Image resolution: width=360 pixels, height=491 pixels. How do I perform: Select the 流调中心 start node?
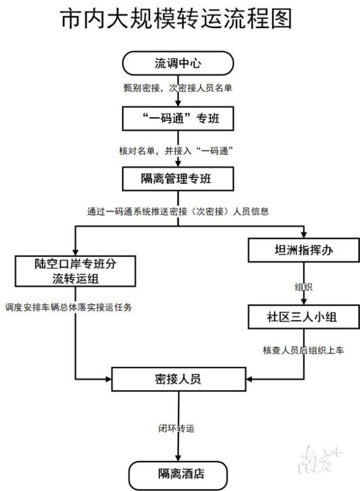click(x=177, y=63)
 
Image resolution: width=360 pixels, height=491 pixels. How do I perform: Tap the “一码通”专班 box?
click(x=177, y=118)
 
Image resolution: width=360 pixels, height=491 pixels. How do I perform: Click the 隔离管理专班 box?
click(x=177, y=179)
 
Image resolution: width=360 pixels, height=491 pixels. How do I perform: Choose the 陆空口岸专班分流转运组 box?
click(x=75, y=270)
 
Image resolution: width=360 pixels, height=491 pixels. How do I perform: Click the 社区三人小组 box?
click(x=304, y=317)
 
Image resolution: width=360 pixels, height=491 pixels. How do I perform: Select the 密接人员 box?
click(x=179, y=379)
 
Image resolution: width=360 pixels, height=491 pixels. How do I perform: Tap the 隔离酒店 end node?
click(x=179, y=475)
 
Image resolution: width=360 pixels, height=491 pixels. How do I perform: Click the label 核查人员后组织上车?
click(x=304, y=350)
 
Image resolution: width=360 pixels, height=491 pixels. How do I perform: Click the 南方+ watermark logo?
click(x=321, y=460)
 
